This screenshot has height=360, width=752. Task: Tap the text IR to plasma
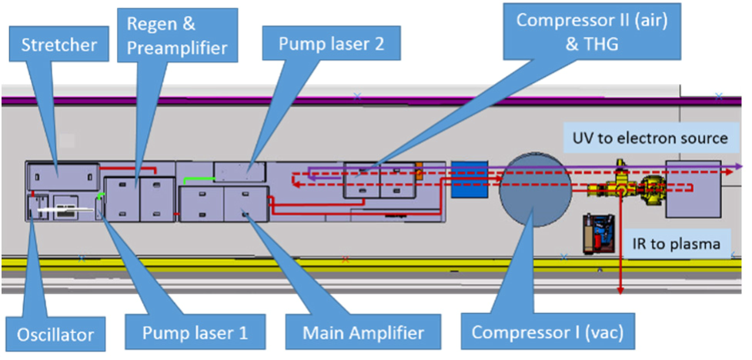(673, 245)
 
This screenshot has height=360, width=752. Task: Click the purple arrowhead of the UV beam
(738, 165)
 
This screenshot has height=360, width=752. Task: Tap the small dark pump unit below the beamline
(597, 232)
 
